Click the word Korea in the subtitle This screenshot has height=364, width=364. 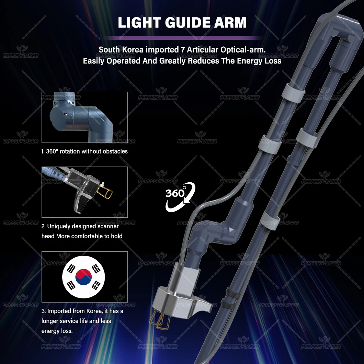click(132, 50)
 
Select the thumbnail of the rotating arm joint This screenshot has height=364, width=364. click(84, 117)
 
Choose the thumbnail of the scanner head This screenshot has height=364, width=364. click(84, 192)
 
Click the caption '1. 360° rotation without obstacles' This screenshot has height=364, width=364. click(84, 151)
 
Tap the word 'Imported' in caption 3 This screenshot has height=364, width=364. click(59, 311)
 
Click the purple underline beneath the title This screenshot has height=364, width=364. click(182, 38)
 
